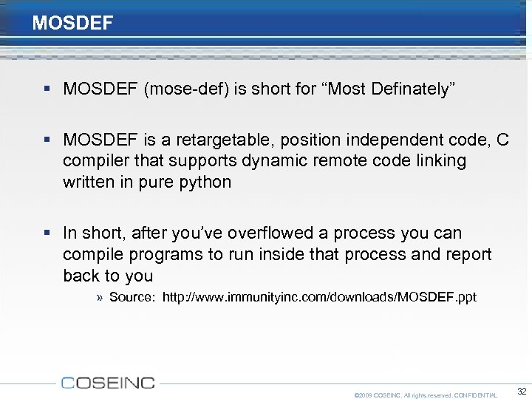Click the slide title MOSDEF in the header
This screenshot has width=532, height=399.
click(72, 23)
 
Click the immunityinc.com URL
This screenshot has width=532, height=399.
click(319, 297)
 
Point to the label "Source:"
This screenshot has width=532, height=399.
click(132, 297)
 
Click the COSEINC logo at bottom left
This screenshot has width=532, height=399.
click(108, 382)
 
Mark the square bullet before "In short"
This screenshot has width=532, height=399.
click(48, 233)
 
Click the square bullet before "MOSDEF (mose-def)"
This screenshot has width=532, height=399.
click(48, 89)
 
